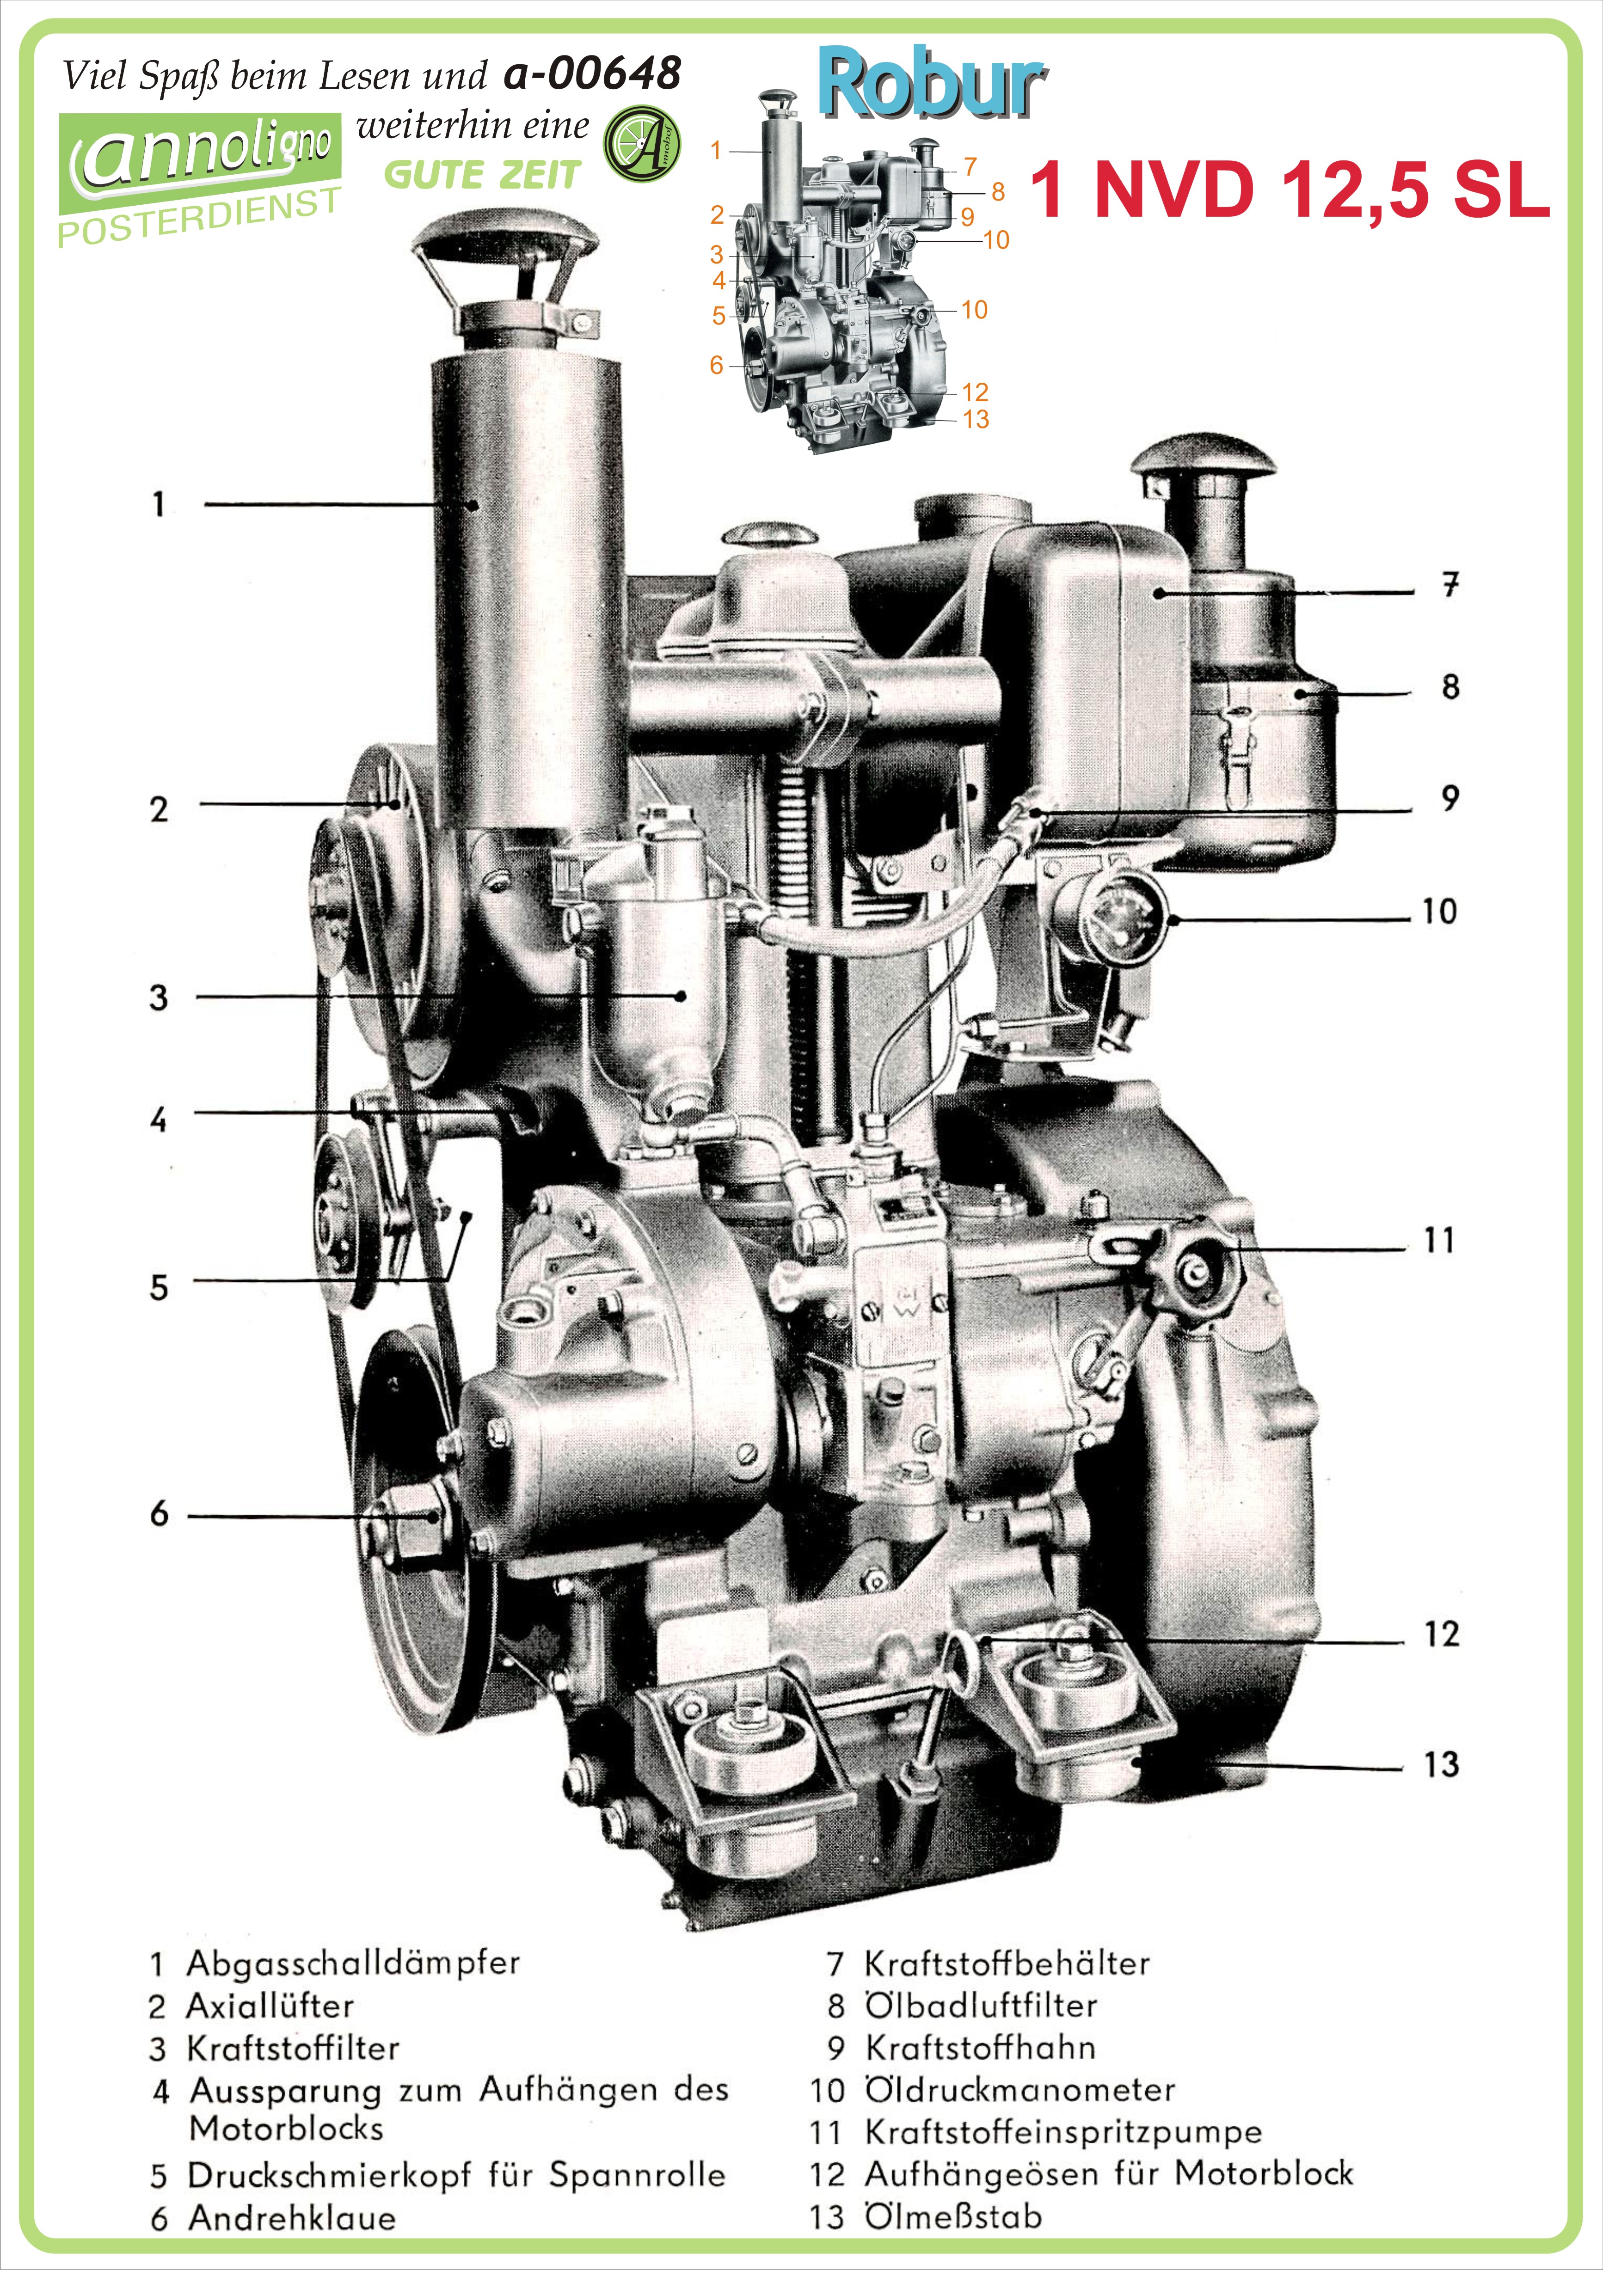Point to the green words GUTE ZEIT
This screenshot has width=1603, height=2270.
tap(482, 175)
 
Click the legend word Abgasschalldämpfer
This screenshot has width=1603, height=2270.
tap(353, 1962)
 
